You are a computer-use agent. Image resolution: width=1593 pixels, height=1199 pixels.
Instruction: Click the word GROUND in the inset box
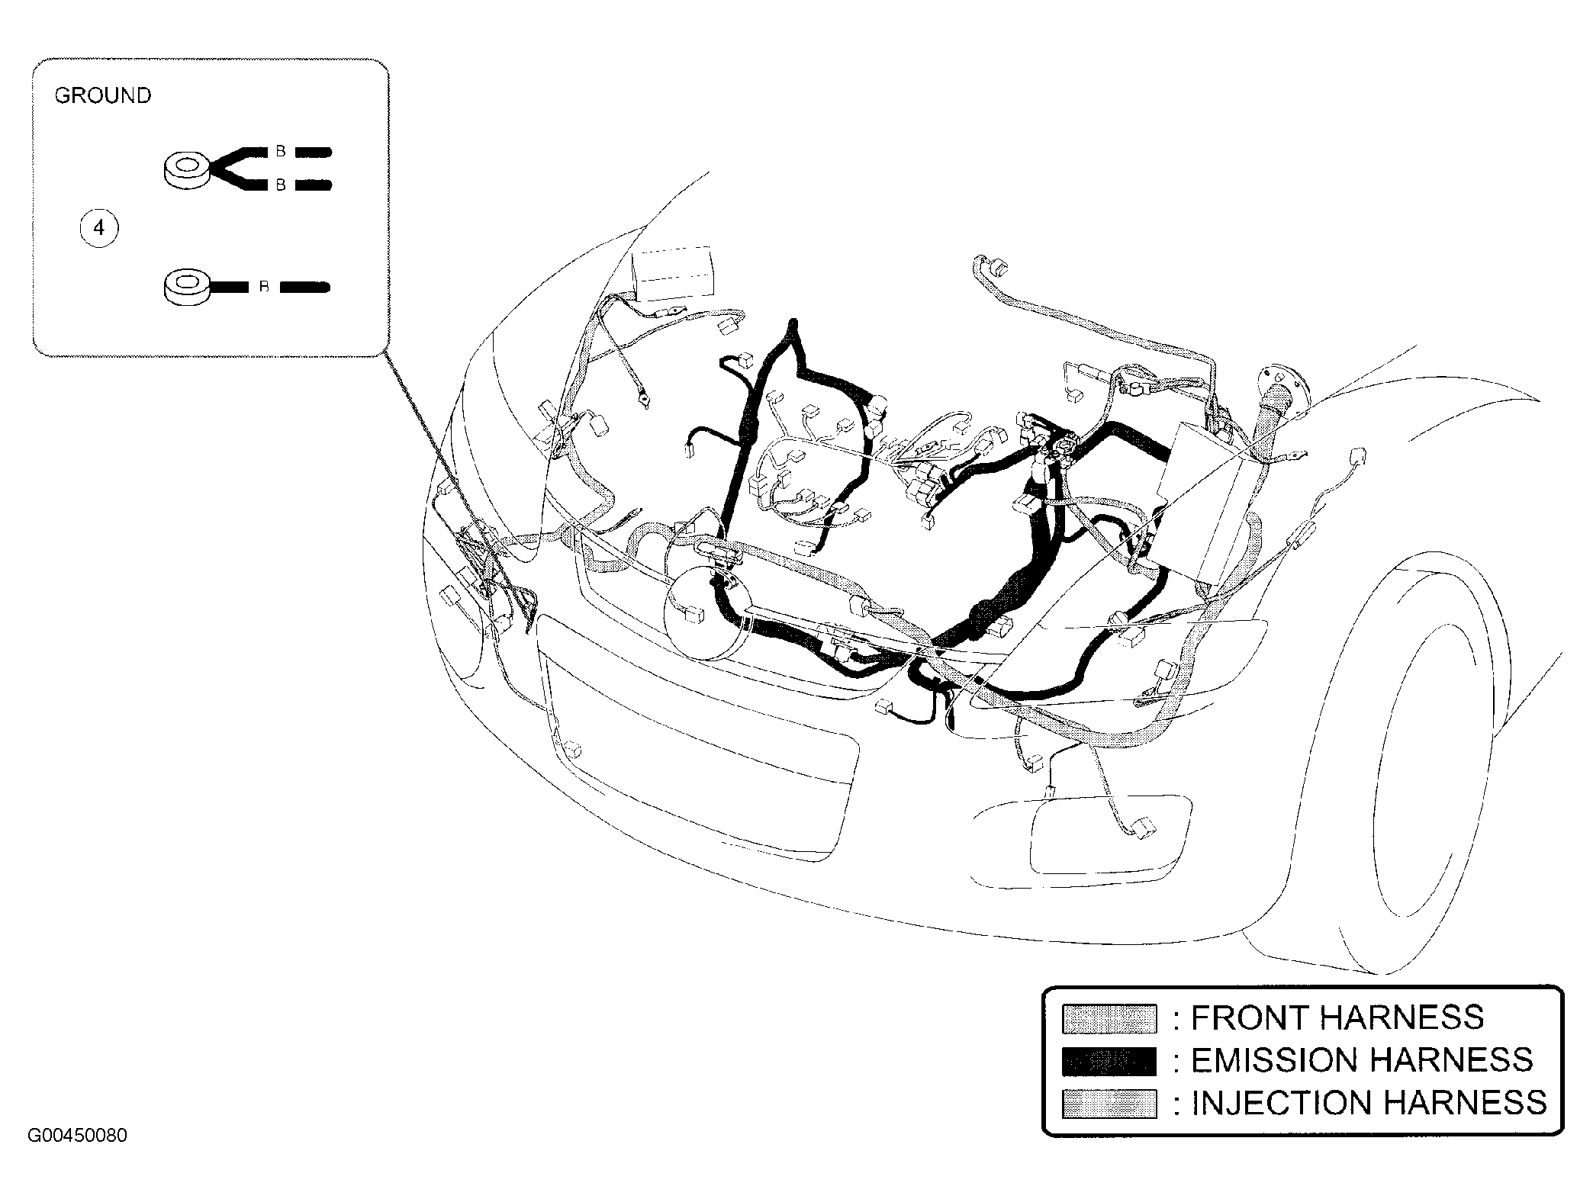[x=103, y=95]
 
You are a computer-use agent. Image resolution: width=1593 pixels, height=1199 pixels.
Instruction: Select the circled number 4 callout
[x=99, y=228]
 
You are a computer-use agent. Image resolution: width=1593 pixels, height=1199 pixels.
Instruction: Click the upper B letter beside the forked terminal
[x=281, y=151]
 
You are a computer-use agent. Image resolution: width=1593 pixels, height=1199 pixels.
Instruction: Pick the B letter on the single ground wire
[x=264, y=288]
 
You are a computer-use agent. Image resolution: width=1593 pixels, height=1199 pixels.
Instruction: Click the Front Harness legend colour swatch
[x=1109, y=1018]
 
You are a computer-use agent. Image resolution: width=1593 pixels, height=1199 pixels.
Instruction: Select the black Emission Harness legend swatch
[x=1109, y=1061]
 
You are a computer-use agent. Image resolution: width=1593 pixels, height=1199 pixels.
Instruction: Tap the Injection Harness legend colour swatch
[x=1109, y=1104]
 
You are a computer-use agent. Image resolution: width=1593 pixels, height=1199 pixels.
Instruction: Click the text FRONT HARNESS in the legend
[x=1337, y=1017]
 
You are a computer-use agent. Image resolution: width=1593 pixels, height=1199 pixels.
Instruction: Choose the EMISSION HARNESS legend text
[x=1362, y=1060]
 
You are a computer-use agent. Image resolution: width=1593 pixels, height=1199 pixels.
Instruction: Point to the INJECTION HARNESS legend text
[x=1369, y=1103]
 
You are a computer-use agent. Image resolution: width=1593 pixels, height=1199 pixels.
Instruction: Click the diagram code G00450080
[x=77, y=1136]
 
